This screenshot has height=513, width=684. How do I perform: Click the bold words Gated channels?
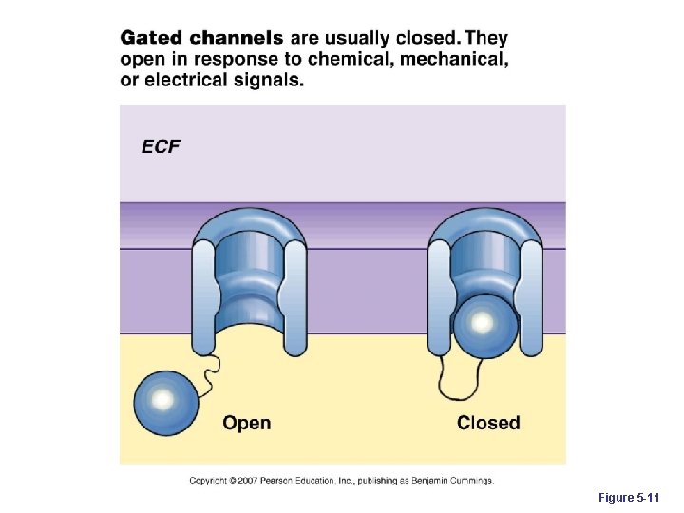tap(201, 39)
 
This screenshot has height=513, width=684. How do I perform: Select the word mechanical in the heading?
tap(453, 60)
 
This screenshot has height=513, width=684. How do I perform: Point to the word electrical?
tap(185, 81)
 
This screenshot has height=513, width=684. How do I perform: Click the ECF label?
tap(161, 146)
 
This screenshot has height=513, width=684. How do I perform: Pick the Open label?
tap(247, 423)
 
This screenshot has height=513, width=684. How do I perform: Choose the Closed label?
tap(488, 423)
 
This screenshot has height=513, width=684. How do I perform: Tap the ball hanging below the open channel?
tap(165, 401)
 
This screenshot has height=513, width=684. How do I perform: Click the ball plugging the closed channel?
tap(484, 325)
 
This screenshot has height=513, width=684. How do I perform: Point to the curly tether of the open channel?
tap(212, 366)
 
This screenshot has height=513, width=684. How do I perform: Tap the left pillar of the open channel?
tap(203, 294)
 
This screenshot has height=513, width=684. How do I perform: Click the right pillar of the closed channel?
tap(530, 294)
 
